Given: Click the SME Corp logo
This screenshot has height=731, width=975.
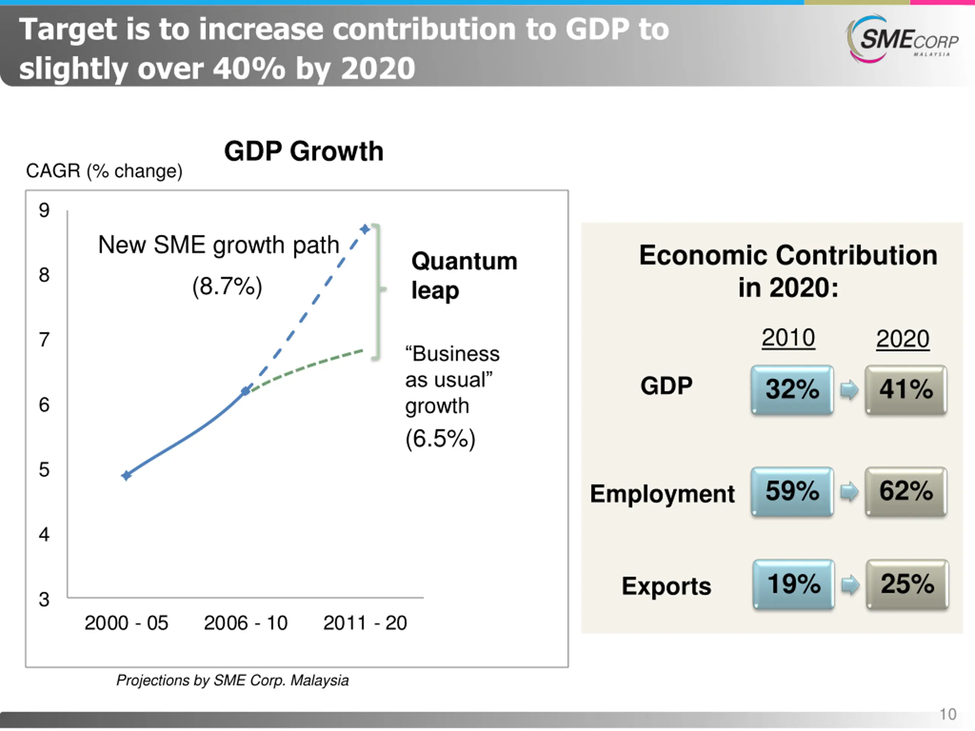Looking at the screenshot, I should coord(902,40).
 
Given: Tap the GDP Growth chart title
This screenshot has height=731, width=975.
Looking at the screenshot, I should coord(304,151).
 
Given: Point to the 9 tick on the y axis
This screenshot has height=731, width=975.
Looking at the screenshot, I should coord(44,210).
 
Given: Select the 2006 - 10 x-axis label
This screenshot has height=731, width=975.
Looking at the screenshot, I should coord(246,623).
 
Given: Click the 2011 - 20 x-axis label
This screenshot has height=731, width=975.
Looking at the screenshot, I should coord(365,623).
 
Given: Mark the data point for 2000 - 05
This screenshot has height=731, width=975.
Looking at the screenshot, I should coord(126,476).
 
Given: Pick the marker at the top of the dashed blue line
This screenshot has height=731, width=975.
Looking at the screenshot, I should coord(365,229).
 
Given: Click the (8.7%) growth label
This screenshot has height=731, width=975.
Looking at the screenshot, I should coord(227,286).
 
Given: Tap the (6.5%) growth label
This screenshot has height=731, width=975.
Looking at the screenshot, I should coord(440,439).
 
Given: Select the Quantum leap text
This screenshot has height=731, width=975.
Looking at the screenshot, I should coord(464,275).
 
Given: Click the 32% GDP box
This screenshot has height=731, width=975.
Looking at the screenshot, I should coord(792,389).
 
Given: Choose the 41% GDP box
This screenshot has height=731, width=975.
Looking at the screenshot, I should coord(906,389).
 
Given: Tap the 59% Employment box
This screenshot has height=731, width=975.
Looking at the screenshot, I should coord(792,491).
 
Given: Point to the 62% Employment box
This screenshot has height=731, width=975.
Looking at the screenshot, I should coord(906,491).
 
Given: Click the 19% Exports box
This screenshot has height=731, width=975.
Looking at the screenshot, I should coord(793,584).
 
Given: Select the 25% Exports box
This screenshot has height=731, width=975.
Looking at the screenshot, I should coord(907,584).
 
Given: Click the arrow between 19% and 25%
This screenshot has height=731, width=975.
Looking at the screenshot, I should coord(850,585).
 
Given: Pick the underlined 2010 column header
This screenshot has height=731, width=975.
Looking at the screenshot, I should coord(788,338).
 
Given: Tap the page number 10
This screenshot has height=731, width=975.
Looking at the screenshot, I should coord(948,714).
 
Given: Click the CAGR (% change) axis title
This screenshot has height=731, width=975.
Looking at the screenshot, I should coord(104,171).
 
